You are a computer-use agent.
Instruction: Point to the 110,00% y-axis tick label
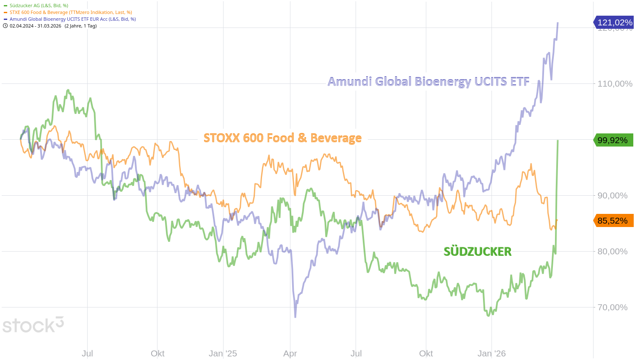(x=615, y=84)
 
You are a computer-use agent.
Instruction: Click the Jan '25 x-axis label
(x=223, y=354)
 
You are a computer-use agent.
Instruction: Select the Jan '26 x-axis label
(x=491, y=354)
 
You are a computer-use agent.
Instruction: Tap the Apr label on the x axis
(x=290, y=354)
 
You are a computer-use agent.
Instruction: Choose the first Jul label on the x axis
(x=88, y=354)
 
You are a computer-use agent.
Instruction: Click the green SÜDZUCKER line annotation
(x=478, y=252)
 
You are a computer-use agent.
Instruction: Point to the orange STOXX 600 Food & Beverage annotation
(x=282, y=138)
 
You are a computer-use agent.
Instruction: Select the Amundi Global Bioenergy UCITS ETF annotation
(x=428, y=81)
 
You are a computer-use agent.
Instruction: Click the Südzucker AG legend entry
(x=39, y=6)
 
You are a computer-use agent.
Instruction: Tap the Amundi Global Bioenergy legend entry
(x=72, y=19)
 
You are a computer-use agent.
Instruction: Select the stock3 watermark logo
(x=33, y=325)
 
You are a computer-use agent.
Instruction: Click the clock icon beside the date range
(x=5, y=26)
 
